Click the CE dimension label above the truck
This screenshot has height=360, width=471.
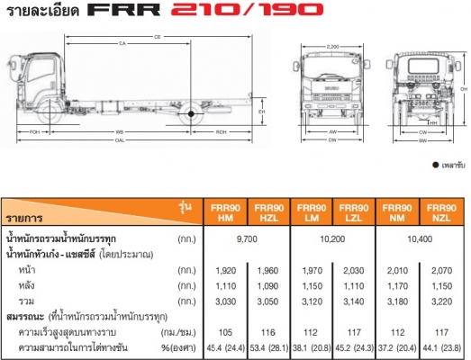[x=157, y=37]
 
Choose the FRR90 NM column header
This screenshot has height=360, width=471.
[x=395, y=211]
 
